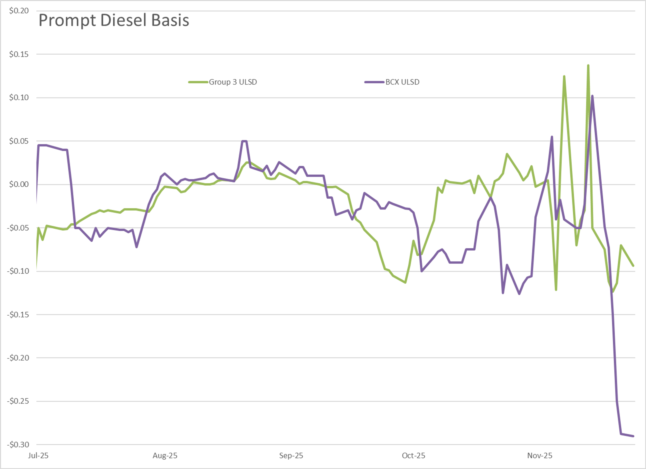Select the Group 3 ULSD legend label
tap(233, 82)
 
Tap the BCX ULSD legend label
tap(402, 82)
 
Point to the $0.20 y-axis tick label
tap(19, 11)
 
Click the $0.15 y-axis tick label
tap(19, 54)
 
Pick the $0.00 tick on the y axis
tap(19, 184)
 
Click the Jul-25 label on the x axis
tap(38, 456)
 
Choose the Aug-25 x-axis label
tap(165, 456)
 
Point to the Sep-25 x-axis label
tap(291, 456)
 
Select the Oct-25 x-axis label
tap(413, 456)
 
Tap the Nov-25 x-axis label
tap(540, 456)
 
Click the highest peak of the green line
tap(588, 66)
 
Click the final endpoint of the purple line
tap(633, 436)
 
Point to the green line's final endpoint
tap(633, 266)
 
